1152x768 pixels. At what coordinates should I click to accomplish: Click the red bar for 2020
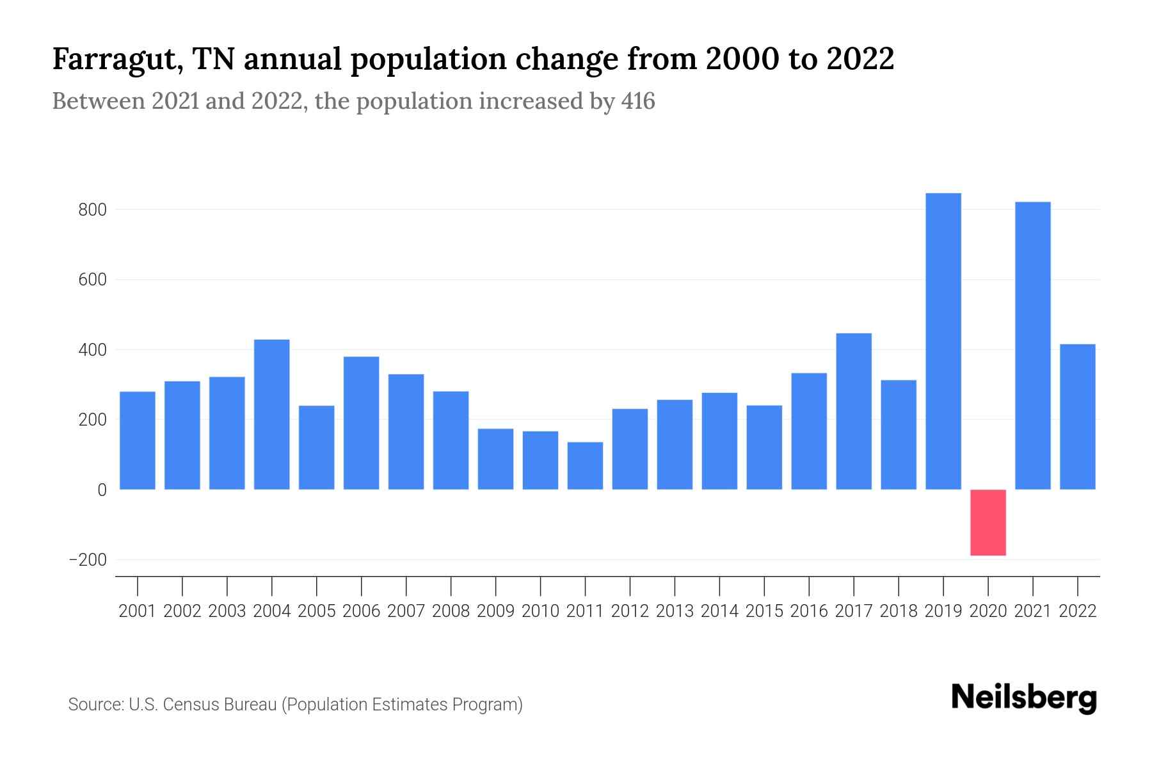[x=988, y=522]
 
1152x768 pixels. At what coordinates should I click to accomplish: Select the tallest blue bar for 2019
[x=943, y=341]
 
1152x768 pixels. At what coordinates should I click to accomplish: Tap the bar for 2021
[x=1032, y=346]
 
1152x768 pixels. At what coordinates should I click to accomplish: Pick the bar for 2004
[x=271, y=414]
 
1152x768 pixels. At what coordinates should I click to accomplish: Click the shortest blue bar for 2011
[x=585, y=465]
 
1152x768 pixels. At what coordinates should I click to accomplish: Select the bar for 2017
[x=853, y=411]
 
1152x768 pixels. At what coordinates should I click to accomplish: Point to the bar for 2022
[x=1077, y=417]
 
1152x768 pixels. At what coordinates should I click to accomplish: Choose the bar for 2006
[x=361, y=422]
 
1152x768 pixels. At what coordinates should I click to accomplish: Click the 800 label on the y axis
[x=93, y=210]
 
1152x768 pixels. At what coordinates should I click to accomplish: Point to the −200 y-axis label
[x=88, y=560]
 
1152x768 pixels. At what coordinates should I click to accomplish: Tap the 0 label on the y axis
[x=102, y=490]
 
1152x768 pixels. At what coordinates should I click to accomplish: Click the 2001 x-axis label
[x=138, y=611]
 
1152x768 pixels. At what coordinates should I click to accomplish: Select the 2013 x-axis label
[x=675, y=611]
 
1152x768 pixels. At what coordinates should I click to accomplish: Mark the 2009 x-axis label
[x=495, y=611]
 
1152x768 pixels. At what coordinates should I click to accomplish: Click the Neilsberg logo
[x=1023, y=698]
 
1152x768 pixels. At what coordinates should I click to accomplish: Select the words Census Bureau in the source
[x=221, y=705]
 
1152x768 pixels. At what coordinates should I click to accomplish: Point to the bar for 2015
[x=764, y=447]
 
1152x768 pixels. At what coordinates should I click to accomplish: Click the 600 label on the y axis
[x=93, y=280]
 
